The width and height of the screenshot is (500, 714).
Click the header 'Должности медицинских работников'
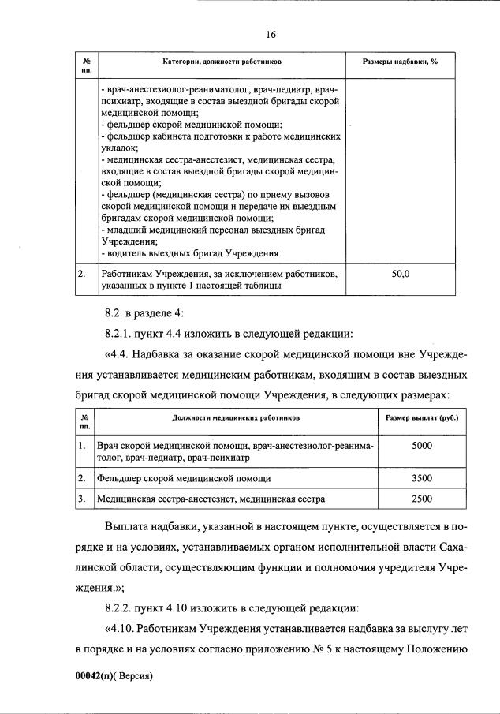click(236, 417)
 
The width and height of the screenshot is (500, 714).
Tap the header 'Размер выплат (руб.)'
click(422, 417)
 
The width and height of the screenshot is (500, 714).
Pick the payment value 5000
click(422, 446)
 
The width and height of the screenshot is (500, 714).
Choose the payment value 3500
click(422, 478)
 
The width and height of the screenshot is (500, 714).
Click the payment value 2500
click(422, 499)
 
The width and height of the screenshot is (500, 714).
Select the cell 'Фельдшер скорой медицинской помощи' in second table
click(184, 478)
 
